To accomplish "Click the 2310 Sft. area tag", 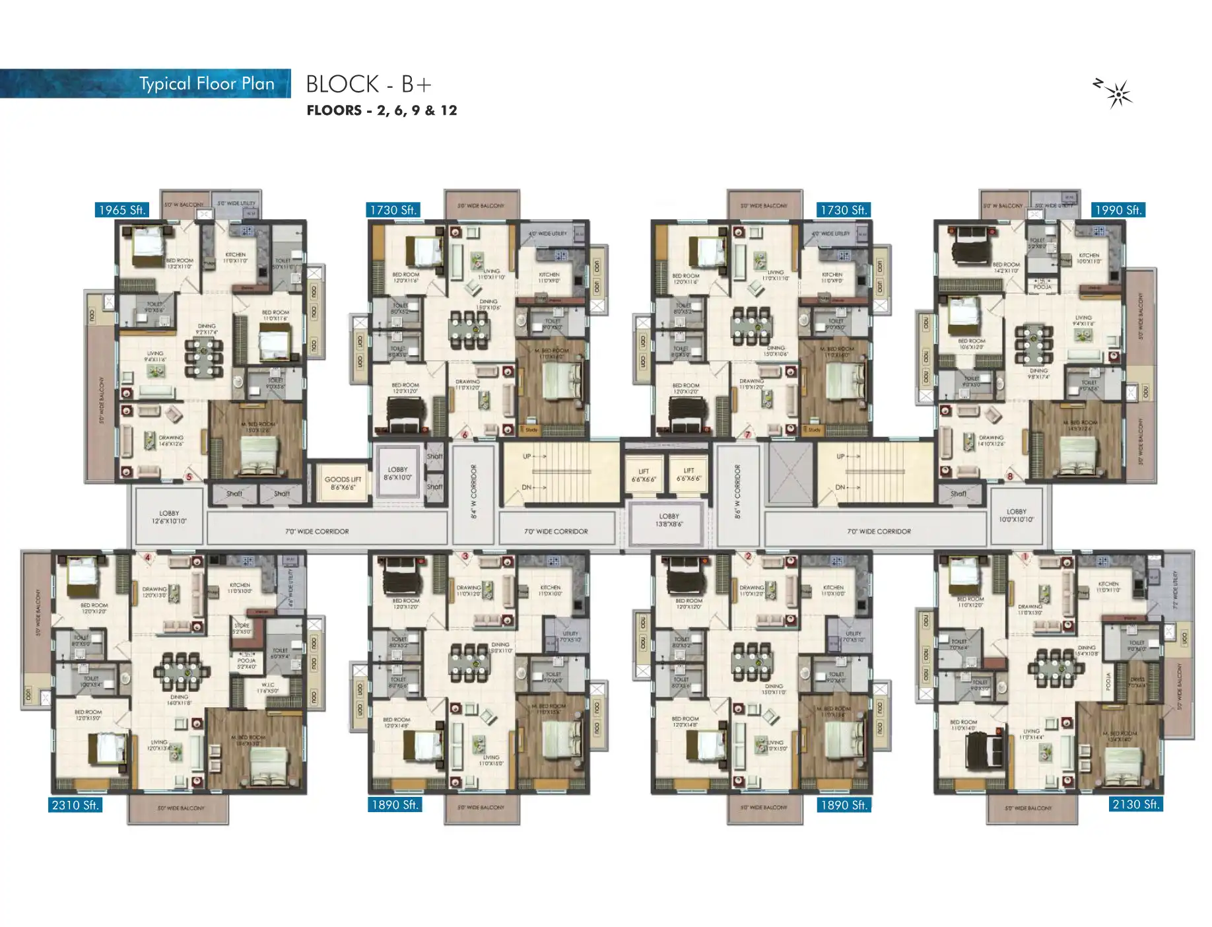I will (75, 805).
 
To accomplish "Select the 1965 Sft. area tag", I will (121, 210).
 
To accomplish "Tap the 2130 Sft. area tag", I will (1135, 804).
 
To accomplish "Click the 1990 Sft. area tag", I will (1118, 210).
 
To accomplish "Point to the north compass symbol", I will (1116, 94).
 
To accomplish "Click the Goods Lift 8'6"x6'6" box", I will (343, 483).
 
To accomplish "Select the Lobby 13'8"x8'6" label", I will (669, 520).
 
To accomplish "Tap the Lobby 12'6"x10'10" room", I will (169, 517).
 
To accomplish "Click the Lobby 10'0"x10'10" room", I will (1016, 516).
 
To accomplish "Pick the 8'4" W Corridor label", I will (473, 491).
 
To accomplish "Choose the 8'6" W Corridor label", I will (737, 491).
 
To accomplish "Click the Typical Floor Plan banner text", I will (207, 84).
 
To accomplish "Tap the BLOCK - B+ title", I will (368, 84).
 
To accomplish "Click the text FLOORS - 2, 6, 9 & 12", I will (382, 110).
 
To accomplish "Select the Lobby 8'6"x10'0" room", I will (397, 473).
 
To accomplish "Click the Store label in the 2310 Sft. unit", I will (242, 627).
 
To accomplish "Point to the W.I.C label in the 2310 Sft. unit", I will (269, 688).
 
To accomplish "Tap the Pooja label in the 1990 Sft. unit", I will (1042, 286).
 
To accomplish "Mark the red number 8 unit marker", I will (1009, 475).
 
